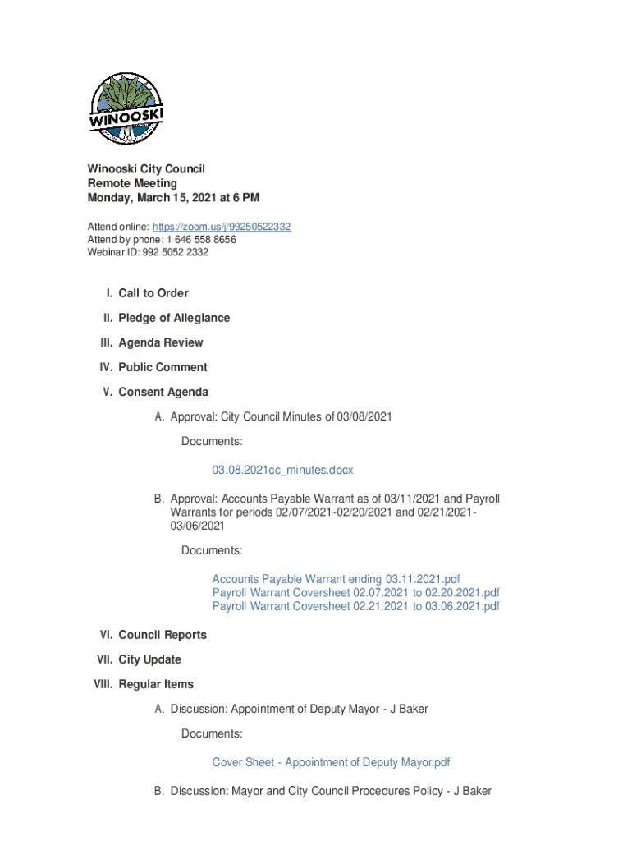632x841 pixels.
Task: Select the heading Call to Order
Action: click(153, 293)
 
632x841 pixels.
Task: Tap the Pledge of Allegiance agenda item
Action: click(174, 318)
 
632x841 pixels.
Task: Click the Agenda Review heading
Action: click(161, 342)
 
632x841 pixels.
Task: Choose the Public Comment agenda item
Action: click(163, 367)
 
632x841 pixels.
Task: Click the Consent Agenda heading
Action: click(163, 392)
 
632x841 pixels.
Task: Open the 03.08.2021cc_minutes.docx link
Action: click(282, 470)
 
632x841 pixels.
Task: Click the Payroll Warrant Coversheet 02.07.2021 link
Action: click(355, 593)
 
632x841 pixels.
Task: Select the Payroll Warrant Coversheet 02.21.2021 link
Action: click(355, 606)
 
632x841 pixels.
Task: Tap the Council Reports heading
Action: click(163, 635)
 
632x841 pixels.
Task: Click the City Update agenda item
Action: click(150, 659)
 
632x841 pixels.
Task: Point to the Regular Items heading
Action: click(156, 684)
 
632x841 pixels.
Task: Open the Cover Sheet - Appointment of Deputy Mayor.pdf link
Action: click(331, 762)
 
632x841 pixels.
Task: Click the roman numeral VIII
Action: click(103, 684)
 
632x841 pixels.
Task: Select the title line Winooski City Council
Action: click(146, 168)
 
